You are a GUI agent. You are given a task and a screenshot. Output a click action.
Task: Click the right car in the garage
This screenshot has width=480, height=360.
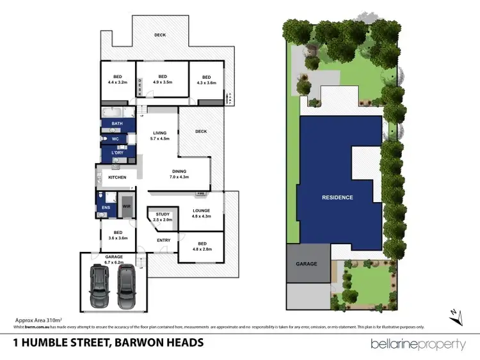tap(126, 286)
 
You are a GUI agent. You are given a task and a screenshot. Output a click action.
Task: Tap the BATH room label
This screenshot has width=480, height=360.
tap(117, 123)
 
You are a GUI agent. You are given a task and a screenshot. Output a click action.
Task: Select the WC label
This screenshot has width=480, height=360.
tap(116, 139)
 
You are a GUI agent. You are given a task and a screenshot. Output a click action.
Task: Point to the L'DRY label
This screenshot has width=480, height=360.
tap(117, 153)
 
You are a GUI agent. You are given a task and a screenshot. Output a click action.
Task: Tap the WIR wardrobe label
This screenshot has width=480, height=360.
tap(127, 207)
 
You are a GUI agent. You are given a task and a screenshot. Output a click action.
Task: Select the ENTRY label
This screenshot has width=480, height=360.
tap(163, 240)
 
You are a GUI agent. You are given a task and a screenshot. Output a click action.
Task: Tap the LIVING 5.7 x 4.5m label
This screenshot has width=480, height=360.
tap(159, 136)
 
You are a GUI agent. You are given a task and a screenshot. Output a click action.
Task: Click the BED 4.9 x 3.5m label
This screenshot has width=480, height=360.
tap(163, 79)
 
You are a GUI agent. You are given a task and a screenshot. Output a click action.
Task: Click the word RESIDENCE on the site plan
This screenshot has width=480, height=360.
tap(337, 198)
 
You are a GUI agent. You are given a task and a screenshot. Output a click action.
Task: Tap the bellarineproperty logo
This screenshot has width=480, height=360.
tap(419, 344)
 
